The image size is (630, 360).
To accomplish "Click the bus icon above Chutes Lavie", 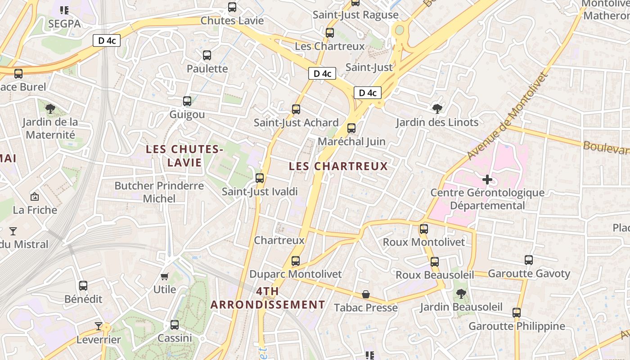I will tap(232, 7).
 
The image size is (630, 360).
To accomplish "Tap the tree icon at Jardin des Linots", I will tap(437, 108).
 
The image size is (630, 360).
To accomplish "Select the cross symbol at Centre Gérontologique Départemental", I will tap(487, 180).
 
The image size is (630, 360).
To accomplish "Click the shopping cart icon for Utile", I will tap(165, 276).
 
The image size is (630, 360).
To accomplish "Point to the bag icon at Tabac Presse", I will tap(366, 295).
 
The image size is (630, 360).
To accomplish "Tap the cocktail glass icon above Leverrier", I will tap(99, 326).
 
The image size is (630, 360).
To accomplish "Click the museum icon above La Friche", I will tap(35, 197).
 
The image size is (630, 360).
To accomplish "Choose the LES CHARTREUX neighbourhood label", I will tap(338, 166).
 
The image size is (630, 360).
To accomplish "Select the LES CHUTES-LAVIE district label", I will tap(184, 156).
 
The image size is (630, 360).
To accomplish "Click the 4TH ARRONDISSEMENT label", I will tap(268, 298).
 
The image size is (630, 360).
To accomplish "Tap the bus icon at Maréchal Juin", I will tap(351, 128).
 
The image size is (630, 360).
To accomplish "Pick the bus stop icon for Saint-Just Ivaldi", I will tap(260, 178).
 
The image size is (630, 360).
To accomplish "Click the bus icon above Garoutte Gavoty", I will tap(529, 260).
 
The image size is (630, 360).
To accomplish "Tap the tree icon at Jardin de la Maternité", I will tap(50, 108).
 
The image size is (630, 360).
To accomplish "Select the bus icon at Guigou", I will tap(187, 101).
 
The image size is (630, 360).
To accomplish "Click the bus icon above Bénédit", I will tap(83, 286).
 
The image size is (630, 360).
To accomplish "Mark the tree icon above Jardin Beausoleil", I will tap(461, 294).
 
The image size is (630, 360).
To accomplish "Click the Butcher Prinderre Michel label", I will tap(159, 192).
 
